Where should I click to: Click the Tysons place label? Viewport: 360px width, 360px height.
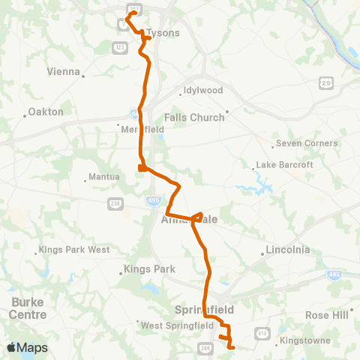pyautogui.click(x=162, y=33)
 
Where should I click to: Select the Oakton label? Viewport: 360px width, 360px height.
pyautogui.click(x=46, y=112)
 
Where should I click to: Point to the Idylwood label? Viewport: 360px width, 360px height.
pyautogui.click(x=202, y=91)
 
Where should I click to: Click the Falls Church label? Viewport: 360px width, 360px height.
pyautogui.click(x=194, y=117)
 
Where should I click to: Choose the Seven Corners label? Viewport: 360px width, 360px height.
pyautogui.click(x=307, y=143)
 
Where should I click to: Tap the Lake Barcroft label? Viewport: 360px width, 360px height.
pyautogui.click(x=281, y=164)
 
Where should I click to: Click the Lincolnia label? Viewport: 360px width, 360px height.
pyautogui.click(x=289, y=250)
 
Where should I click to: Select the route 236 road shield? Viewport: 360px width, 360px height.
pyautogui.click(x=115, y=202)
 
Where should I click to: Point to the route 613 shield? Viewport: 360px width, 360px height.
pyautogui.click(x=262, y=331)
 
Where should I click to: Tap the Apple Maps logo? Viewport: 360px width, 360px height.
pyautogui.click(x=27, y=348)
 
